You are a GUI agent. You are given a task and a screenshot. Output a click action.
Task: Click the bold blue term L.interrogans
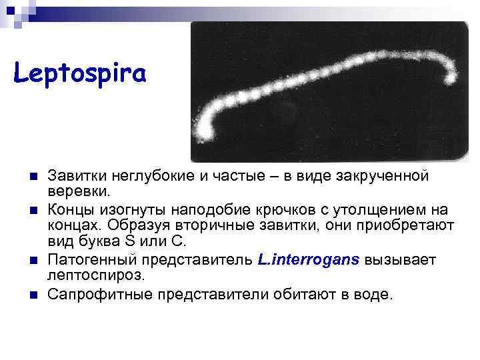[308, 259]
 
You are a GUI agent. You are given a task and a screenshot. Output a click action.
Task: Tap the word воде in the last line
[374, 294]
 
